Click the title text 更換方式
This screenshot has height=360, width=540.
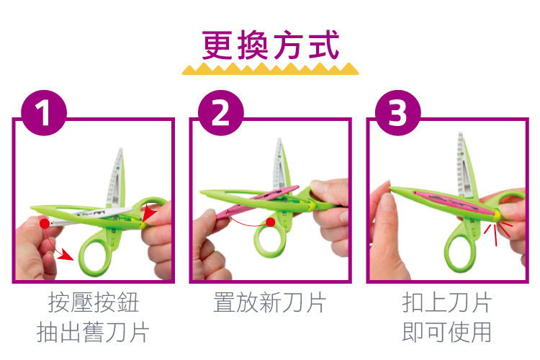[271, 45]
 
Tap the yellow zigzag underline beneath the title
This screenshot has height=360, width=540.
[270, 68]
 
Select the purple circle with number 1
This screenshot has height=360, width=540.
[44, 112]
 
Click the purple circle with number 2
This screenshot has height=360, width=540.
[221, 112]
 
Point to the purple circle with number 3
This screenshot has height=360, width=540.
[397, 112]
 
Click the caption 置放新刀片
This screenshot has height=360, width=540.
[270, 302]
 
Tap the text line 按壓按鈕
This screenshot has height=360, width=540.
[94, 302]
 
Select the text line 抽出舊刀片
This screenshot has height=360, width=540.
[93, 332]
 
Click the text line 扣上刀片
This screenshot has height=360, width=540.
[446, 302]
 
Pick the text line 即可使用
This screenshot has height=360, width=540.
[446, 332]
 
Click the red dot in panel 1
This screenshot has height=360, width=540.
[45, 224]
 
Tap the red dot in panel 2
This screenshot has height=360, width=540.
[271, 222]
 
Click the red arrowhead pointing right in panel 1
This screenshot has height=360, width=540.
[66, 255]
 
